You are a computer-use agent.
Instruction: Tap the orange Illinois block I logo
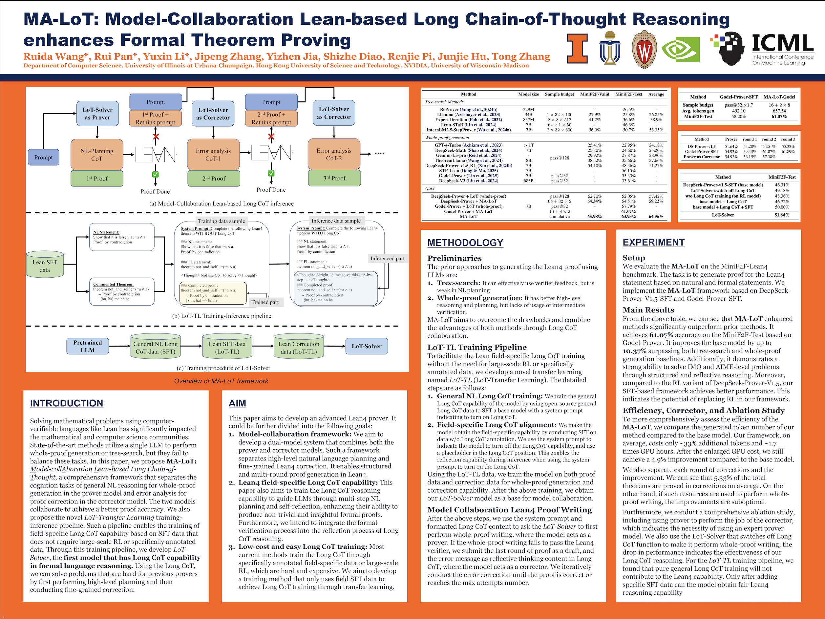coord(577,48)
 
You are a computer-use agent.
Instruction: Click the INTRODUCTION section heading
coord(66,403)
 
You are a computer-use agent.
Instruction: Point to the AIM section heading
coord(237,403)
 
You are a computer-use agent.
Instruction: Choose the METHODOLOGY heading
coord(465,243)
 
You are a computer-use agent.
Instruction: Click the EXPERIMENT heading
coord(653,243)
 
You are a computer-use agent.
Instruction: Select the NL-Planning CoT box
coord(96,155)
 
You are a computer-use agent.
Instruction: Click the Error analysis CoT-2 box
coord(334,155)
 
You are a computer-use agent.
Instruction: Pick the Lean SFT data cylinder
coord(45,265)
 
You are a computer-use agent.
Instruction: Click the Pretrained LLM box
coord(88,346)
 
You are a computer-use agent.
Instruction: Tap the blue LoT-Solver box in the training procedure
coord(366,346)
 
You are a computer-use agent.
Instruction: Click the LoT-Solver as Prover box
coord(97,114)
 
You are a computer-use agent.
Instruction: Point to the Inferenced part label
coord(387,259)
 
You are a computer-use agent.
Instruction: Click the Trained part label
coord(265,302)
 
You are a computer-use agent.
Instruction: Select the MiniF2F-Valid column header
coord(595,94)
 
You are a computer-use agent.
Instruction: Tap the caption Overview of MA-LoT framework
coord(221,381)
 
